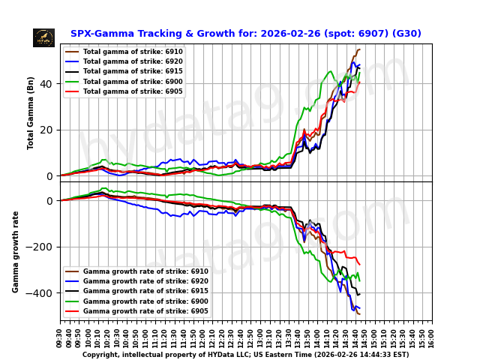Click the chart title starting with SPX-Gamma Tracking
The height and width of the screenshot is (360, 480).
click(245, 34)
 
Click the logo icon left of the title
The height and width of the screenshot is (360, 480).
click(43, 37)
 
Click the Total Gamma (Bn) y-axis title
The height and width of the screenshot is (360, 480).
click(31, 112)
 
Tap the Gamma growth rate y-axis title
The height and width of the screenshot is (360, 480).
click(16, 251)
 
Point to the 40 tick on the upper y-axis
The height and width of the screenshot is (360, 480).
click(46, 84)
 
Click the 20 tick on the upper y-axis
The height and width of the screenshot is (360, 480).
click(46, 130)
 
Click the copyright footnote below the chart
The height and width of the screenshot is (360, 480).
click(245, 355)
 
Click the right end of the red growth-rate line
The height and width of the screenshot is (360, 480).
click(359, 265)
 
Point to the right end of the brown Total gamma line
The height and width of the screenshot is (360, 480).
click(359, 49)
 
